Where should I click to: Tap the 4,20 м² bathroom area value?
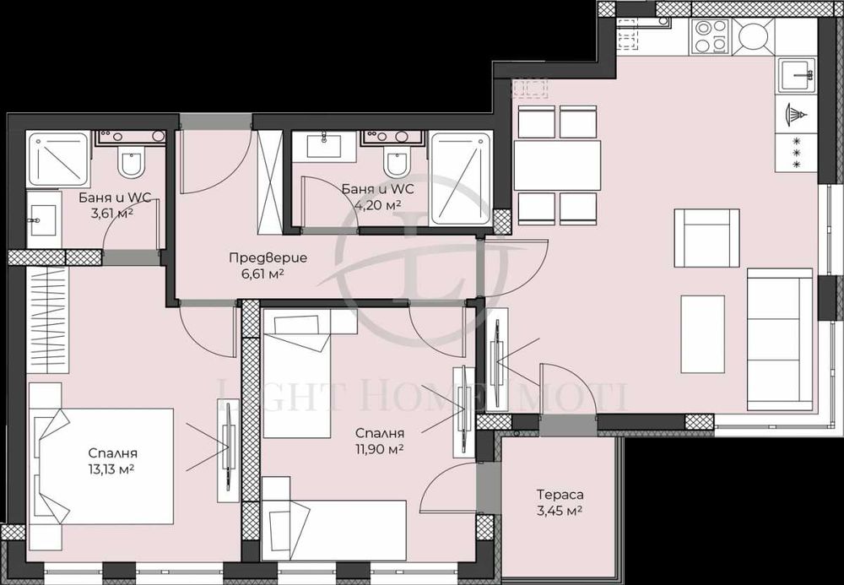coord(378,204)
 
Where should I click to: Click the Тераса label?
coord(560,495)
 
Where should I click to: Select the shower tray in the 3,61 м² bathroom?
coord(57,159)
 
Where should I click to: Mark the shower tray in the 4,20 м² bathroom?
coord(460,178)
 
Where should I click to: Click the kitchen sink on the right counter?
coord(796,77)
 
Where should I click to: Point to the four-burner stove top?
coord(709,35)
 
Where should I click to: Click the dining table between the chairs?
coord(557,165)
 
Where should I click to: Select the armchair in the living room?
coord(706,238)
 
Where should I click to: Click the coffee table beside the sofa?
coord(702,334)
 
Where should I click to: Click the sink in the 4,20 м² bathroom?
coord(325,144)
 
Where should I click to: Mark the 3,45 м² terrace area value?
coord(560,511)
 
